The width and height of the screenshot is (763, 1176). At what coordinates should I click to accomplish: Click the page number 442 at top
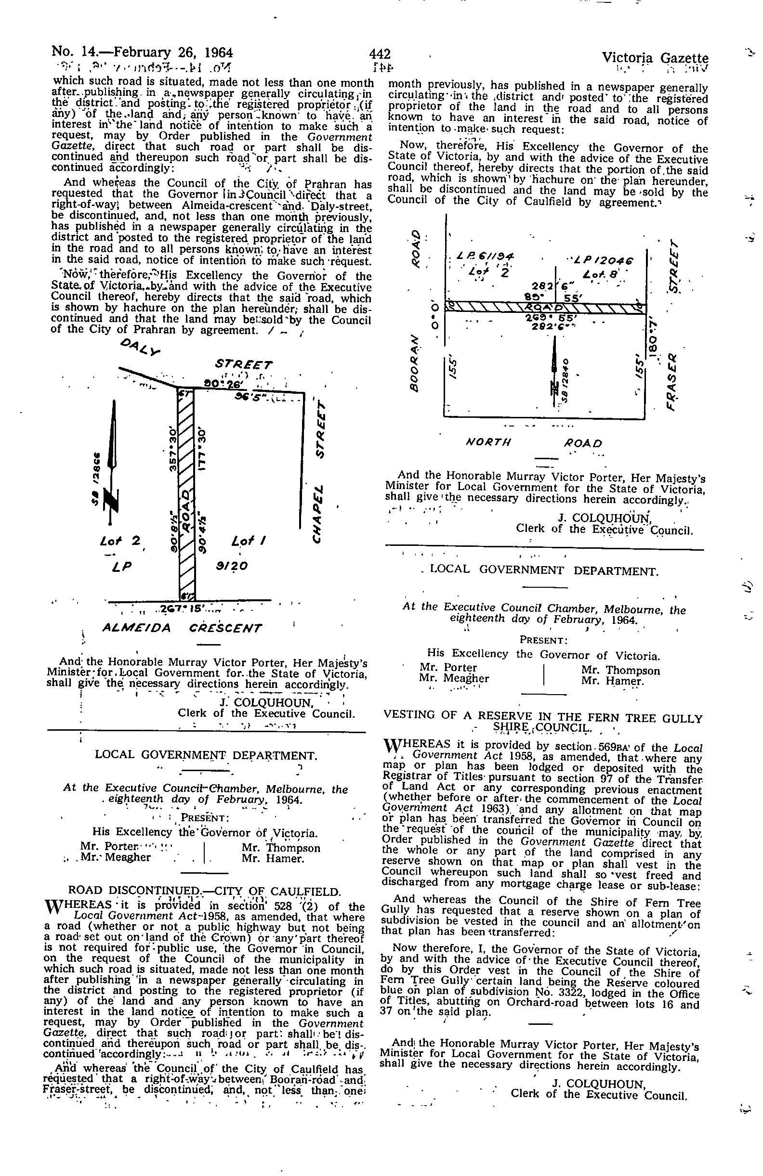click(x=380, y=53)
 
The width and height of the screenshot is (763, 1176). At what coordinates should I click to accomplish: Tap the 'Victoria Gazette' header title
click(x=655, y=58)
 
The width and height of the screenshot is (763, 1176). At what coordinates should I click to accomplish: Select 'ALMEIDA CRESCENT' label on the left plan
click(x=182, y=628)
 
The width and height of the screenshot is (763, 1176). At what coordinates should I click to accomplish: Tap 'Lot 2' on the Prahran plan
click(x=120, y=541)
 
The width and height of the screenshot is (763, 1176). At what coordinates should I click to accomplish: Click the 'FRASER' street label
click(x=673, y=376)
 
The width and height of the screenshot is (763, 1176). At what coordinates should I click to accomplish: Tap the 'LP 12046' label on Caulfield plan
click(x=607, y=260)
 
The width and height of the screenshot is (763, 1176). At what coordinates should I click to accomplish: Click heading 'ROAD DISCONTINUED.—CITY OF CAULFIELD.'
click(x=204, y=891)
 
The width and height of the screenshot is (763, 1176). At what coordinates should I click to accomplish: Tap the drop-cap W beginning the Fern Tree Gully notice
click(x=393, y=746)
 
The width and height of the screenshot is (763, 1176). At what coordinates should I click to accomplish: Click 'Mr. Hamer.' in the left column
click(x=273, y=858)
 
